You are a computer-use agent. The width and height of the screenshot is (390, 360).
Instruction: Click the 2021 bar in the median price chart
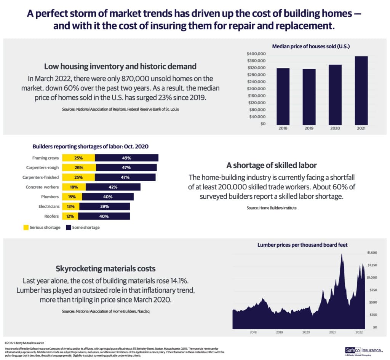pos(361,91)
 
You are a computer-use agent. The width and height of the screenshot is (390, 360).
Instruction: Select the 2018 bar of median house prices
pos(283,97)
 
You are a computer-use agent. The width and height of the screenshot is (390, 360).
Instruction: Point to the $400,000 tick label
pos(256,54)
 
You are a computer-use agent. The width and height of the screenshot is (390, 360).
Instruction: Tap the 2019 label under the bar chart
pos(309,129)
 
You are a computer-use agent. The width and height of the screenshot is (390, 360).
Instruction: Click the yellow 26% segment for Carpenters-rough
pos(79,167)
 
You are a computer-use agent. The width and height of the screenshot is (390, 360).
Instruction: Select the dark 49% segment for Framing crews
pos(126,158)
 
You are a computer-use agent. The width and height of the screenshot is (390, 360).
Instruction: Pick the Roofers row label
pos(51,216)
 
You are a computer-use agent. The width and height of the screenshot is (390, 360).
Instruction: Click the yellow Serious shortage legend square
pos(26,228)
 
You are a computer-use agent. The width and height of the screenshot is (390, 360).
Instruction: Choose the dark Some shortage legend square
pos(69,228)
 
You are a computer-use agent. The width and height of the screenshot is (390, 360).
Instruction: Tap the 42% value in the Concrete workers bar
pos(113,187)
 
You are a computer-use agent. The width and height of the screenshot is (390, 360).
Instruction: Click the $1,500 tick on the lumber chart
pos(372,253)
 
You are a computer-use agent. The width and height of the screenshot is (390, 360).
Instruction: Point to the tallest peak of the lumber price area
pos(342,255)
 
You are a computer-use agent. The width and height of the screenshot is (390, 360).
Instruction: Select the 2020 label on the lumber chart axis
pos(306,332)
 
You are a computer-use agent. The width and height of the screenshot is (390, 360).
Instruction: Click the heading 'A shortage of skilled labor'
pos(272,166)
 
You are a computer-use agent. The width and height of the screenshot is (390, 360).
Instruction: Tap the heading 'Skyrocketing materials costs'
pos(105,268)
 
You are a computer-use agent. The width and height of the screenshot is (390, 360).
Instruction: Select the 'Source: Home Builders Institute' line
pos(272,208)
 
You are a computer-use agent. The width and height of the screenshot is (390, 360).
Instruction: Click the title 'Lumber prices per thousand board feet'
pos(303,245)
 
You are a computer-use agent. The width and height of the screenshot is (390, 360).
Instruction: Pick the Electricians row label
pos(49,207)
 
